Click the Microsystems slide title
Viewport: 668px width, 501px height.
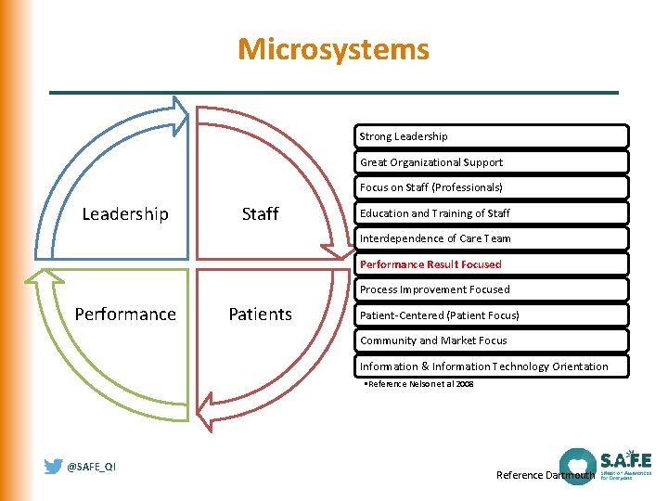(x=333, y=49)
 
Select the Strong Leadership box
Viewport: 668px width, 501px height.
(x=493, y=136)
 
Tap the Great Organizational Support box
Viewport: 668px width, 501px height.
(x=493, y=162)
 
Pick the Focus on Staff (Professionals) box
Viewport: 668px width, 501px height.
(x=493, y=187)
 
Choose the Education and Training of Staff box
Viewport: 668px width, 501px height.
(x=493, y=213)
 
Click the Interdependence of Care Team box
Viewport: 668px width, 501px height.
(x=493, y=238)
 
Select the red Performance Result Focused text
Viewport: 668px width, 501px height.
(x=430, y=264)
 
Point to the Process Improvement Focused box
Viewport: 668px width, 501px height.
(x=493, y=289)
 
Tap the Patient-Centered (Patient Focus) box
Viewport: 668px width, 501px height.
(x=493, y=315)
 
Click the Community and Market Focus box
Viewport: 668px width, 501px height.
(x=493, y=340)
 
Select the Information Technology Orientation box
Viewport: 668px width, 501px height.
(x=493, y=366)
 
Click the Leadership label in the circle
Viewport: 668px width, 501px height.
(x=125, y=214)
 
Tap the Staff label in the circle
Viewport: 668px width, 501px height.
(x=260, y=214)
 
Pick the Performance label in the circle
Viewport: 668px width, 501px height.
(x=125, y=315)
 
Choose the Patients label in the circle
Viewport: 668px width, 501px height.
(x=260, y=315)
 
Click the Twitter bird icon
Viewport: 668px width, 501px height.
(x=54, y=467)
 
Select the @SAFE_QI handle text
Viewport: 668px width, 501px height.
(x=91, y=467)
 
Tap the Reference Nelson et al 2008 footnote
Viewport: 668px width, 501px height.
(x=418, y=383)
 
